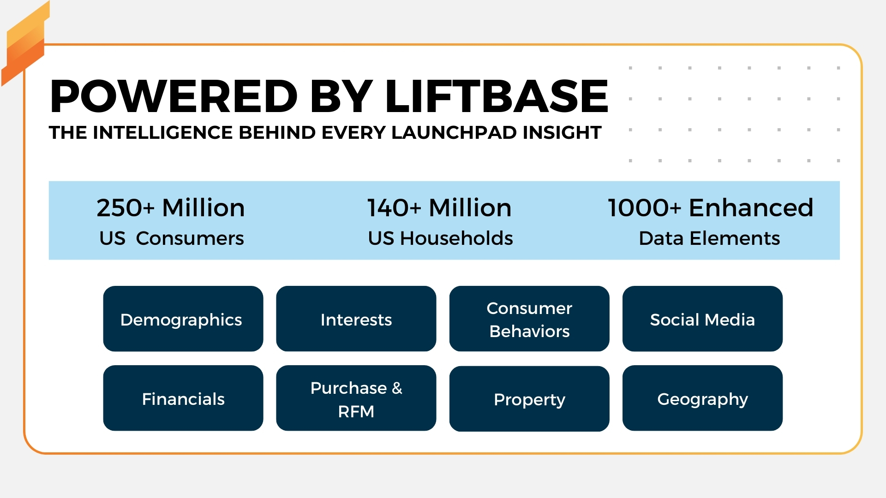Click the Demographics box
pyautogui.click(x=183, y=319)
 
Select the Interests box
pyautogui.click(x=356, y=319)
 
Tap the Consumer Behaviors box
pyautogui.click(x=529, y=319)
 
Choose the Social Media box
pyautogui.click(x=702, y=319)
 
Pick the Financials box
pyautogui.click(x=183, y=398)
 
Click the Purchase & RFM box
pyautogui.click(x=356, y=398)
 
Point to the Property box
pyautogui.click(x=529, y=398)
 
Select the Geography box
pyautogui.click(x=702, y=398)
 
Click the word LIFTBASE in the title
pyautogui.click(x=497, y=96)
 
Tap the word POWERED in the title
pyautogui.click(x=174, y=96)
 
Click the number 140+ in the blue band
pyautogui.click(x=395, y=207)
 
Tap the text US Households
pyautogui.click(x=440, y=238)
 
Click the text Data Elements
pyautogui.click(x=709, y=238)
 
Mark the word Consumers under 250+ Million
pyautogui.click(x=190, y=238)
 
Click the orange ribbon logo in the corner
pyautogui.click(x=25, y=44)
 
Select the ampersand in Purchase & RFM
pyautogui.click(x=397, y=388)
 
